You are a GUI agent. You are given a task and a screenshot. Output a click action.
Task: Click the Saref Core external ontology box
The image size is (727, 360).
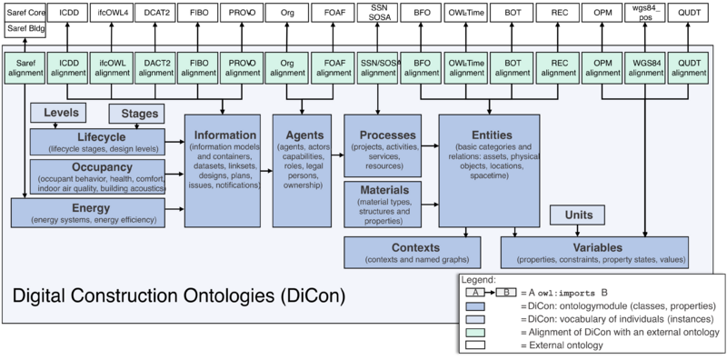25,13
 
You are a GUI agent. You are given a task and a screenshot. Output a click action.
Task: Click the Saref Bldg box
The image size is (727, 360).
25,30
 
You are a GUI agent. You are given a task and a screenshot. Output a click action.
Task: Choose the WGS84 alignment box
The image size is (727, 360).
645,67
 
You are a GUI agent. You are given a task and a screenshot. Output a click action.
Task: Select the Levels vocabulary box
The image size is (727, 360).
59,113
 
